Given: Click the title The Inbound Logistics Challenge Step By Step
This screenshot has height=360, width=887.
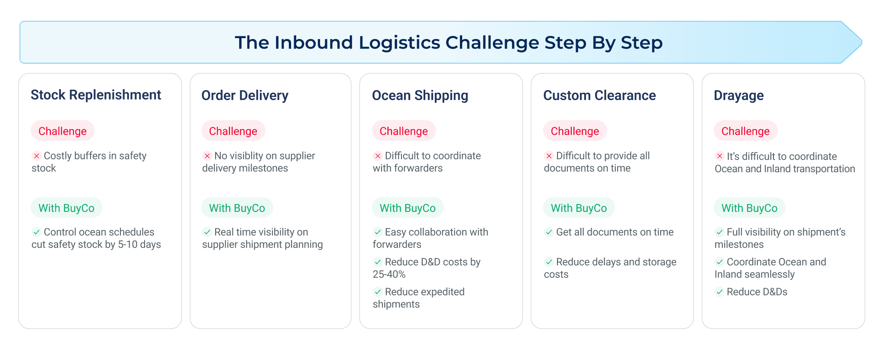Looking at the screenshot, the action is tap(449, 42).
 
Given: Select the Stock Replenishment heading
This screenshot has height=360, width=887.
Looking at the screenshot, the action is tap(96, 95).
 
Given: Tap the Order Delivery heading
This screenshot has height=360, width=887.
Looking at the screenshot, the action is tap(245, 95).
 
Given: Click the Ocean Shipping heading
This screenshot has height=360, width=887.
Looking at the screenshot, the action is tap(420, 95).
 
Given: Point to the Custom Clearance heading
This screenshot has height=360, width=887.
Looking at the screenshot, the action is tap(599, 95).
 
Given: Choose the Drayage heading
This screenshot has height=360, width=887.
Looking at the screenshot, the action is tap(738, 95).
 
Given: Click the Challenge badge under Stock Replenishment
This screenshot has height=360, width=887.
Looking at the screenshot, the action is tap(62, 131).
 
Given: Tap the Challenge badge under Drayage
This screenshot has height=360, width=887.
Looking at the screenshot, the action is tap(745, 131).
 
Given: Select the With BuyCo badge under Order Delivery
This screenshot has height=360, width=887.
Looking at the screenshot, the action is tap(237, 208).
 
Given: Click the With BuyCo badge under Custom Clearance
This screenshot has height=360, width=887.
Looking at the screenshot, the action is tap(579, 208).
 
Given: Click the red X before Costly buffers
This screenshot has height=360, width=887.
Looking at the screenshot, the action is tap(36, 156).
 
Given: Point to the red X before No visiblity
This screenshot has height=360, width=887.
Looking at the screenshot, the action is tap(207, 156).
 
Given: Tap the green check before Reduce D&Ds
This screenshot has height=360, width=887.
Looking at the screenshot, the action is tap(719, 292).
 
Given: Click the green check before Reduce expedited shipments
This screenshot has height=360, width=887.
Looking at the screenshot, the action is tap(378, 292).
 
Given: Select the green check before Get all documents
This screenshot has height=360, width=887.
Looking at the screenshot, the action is tap(549, 232).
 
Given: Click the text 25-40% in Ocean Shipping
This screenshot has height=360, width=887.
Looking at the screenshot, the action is tap(389, 274).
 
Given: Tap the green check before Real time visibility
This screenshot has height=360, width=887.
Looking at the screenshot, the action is tap(207, 232).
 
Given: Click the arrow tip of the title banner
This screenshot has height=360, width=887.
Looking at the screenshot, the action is tap(862, 42).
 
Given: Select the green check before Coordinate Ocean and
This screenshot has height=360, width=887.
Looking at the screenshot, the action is tap(719, 262).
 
